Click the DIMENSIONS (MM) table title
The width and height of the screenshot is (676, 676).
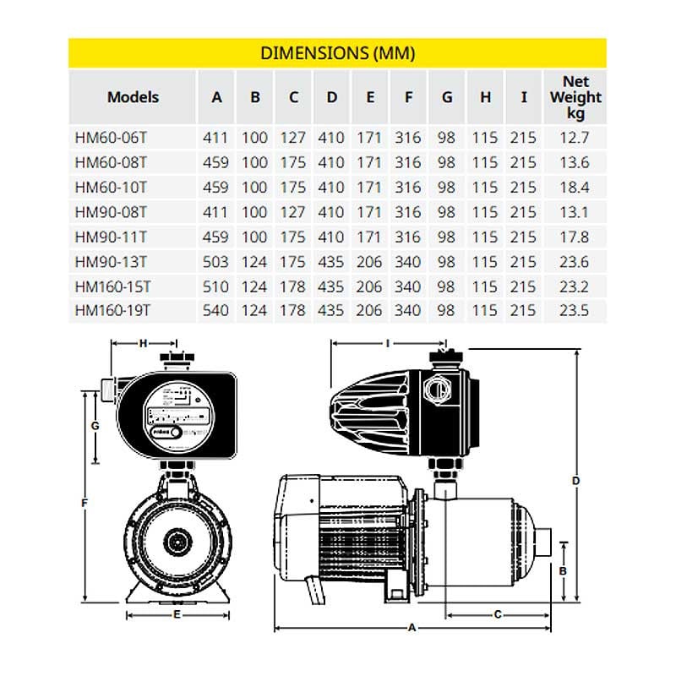[337, 53]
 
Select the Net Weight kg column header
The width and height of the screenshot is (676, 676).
[575, 97]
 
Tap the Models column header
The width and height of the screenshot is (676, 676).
[133, 97]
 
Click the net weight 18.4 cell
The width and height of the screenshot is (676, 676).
[575, 185]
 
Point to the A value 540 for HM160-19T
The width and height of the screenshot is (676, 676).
[216, 310]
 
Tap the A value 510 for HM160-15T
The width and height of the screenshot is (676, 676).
[216, 286]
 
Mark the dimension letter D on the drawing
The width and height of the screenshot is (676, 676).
[575, 481]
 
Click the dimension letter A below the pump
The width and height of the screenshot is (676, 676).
[412, 628]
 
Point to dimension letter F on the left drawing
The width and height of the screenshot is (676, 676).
[85, 504]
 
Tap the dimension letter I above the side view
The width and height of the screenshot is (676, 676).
[386, 344]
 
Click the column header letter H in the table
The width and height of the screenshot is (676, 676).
[485, 97]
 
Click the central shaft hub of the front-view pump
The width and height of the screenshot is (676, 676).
[177, 539]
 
